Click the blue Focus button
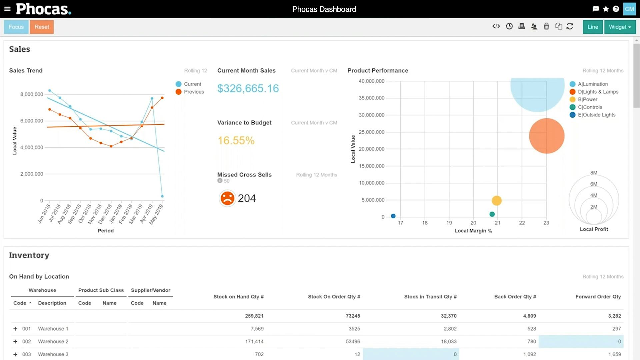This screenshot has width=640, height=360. click(16, 27)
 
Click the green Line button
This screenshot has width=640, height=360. click(593, 27)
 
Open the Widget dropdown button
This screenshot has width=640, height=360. click(620, 27)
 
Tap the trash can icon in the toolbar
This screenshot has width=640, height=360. click(546, 26)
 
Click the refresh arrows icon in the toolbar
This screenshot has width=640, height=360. click(570, 26)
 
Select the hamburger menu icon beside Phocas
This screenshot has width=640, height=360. click(7, 9)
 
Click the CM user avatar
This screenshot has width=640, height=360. click(629, 9)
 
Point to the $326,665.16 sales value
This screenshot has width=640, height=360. click(248, 88)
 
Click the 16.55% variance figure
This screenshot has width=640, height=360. click(236, 140)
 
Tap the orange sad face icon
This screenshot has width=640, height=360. click(227, 198)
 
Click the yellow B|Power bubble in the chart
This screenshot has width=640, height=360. click(497, 201)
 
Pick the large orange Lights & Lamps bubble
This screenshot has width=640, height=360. click(547, 136)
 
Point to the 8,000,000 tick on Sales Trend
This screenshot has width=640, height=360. click(32, 94)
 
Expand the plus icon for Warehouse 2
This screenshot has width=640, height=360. click(15, 342)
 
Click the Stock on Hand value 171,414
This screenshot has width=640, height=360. click(254, 342)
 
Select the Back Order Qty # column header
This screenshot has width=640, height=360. click(515, 297)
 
